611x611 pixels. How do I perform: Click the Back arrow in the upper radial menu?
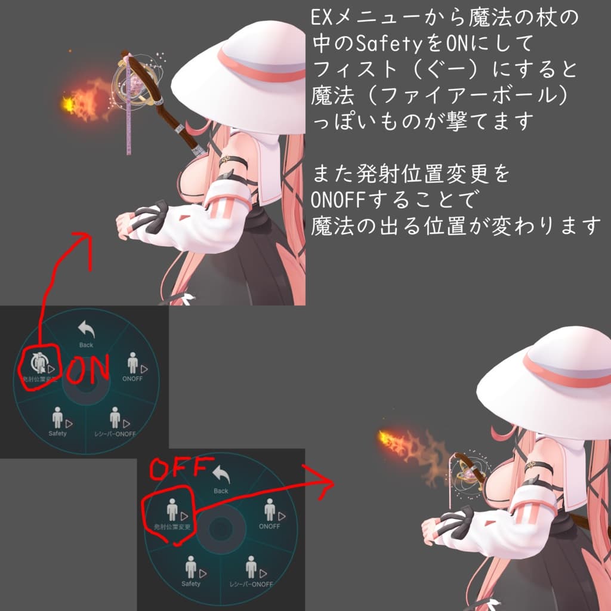coord(87,330)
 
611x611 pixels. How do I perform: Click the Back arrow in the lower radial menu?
coord(221,476)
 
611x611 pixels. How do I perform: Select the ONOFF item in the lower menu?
coord(270,513)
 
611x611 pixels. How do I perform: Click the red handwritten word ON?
coord(87,371)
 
